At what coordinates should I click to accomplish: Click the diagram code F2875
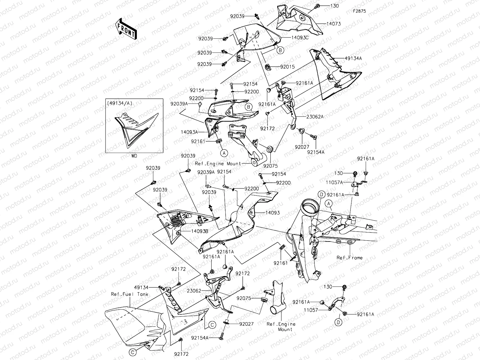coord(359,11)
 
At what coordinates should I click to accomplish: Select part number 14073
coord(334,24)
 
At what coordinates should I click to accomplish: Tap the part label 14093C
coord(300,37)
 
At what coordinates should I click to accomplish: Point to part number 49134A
coord(353,58)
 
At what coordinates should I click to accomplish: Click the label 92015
coord(288,67)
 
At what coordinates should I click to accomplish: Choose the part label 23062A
coord(315,117)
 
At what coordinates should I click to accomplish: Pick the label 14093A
coord(189,132)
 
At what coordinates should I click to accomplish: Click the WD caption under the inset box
coord(134,156)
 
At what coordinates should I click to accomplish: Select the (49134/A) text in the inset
coord(120,103)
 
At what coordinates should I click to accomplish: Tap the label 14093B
coord(200,231)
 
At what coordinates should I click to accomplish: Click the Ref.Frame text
coord(349,258)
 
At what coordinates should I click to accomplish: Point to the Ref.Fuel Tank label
coord(130,294)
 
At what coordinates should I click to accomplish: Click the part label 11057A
coord(334,182)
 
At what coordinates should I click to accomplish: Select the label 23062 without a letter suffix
coord(194,291)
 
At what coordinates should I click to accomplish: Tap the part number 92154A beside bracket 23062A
coord(316,152)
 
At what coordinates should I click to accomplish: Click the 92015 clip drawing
coord(267,67)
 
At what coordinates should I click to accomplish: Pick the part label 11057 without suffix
coord(311,310)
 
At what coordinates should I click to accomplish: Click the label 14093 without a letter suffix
coord(272,213)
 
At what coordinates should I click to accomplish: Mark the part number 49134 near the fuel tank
coord(141,288)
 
